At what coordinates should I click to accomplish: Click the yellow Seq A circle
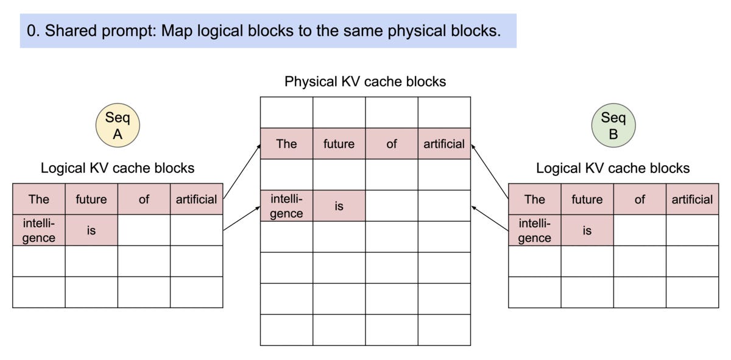coord(118,125)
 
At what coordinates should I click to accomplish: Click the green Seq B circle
coord(613,125)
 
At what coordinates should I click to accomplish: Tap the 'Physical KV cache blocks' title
coord(365,81)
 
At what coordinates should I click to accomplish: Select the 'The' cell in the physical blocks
coord(286,144)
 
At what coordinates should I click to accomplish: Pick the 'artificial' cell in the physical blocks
coord(444,144)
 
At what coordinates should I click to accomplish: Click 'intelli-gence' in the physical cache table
coord(286,206)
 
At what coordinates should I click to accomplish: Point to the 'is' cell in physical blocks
coord(339,206)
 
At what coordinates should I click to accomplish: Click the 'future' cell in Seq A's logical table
coord(91,199)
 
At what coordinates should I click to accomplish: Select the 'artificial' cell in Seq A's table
coord(196,199)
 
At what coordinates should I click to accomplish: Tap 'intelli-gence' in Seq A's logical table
coord(38,230)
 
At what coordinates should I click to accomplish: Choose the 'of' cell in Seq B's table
coord(640,199)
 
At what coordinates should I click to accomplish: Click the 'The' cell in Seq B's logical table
coord(534,199)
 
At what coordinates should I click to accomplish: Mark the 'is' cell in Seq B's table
coord(587,230)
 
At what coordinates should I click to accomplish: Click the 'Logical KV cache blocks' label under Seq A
coord(118,168)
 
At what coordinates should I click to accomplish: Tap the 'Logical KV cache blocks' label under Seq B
coord(613,168)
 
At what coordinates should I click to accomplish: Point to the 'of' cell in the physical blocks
coord(392,144)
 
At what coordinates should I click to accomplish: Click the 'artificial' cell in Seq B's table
coord(692,199)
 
